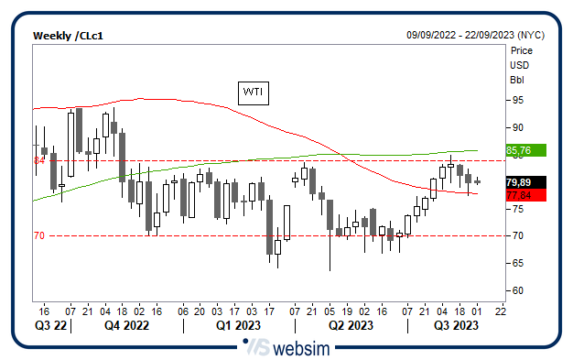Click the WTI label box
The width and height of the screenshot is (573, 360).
pyautogui.click(x=252, y=92)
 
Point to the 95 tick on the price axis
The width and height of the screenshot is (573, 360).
pyautogui.click(x=517, y=100)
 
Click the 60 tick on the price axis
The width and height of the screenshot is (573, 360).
pyautogui.click(x=517, y=290)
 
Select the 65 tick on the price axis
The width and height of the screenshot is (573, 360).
pyautogui.click(x=517, y=263)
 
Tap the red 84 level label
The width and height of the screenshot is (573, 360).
pyautogui.click(x=39, y=160)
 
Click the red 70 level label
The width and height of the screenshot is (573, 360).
pyautogui.click(x=39, y=235)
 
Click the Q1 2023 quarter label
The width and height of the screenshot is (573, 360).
pyautogui.click(x=237, y=324)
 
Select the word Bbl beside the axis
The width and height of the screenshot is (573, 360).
pyautogui.click(x=517, y=80)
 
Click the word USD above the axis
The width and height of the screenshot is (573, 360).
pyautogui.click(x=519, y=65)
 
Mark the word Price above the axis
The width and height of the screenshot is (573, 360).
pyautogui.click(x=522, y=51)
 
